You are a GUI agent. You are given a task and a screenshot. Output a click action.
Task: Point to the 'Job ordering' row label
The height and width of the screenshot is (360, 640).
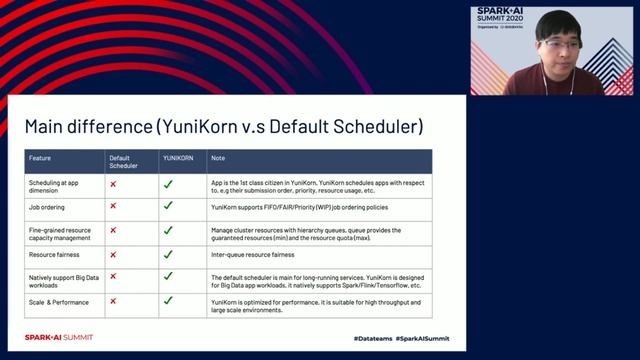pyautogui.click(x=49, y=206)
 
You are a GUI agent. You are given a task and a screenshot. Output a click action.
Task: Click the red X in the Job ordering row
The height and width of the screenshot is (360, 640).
pyautogui.click(x=113, y=206)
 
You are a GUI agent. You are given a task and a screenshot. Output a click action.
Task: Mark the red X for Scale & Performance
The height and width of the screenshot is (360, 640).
pyautogui.click(x=113, y=300)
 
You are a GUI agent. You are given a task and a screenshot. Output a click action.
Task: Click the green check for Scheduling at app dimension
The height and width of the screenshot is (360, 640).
pyautogui.click(x=168, y=184)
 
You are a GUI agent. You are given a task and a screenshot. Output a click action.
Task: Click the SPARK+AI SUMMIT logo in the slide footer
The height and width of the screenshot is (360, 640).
pyautogui.click(x=59, y=338)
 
